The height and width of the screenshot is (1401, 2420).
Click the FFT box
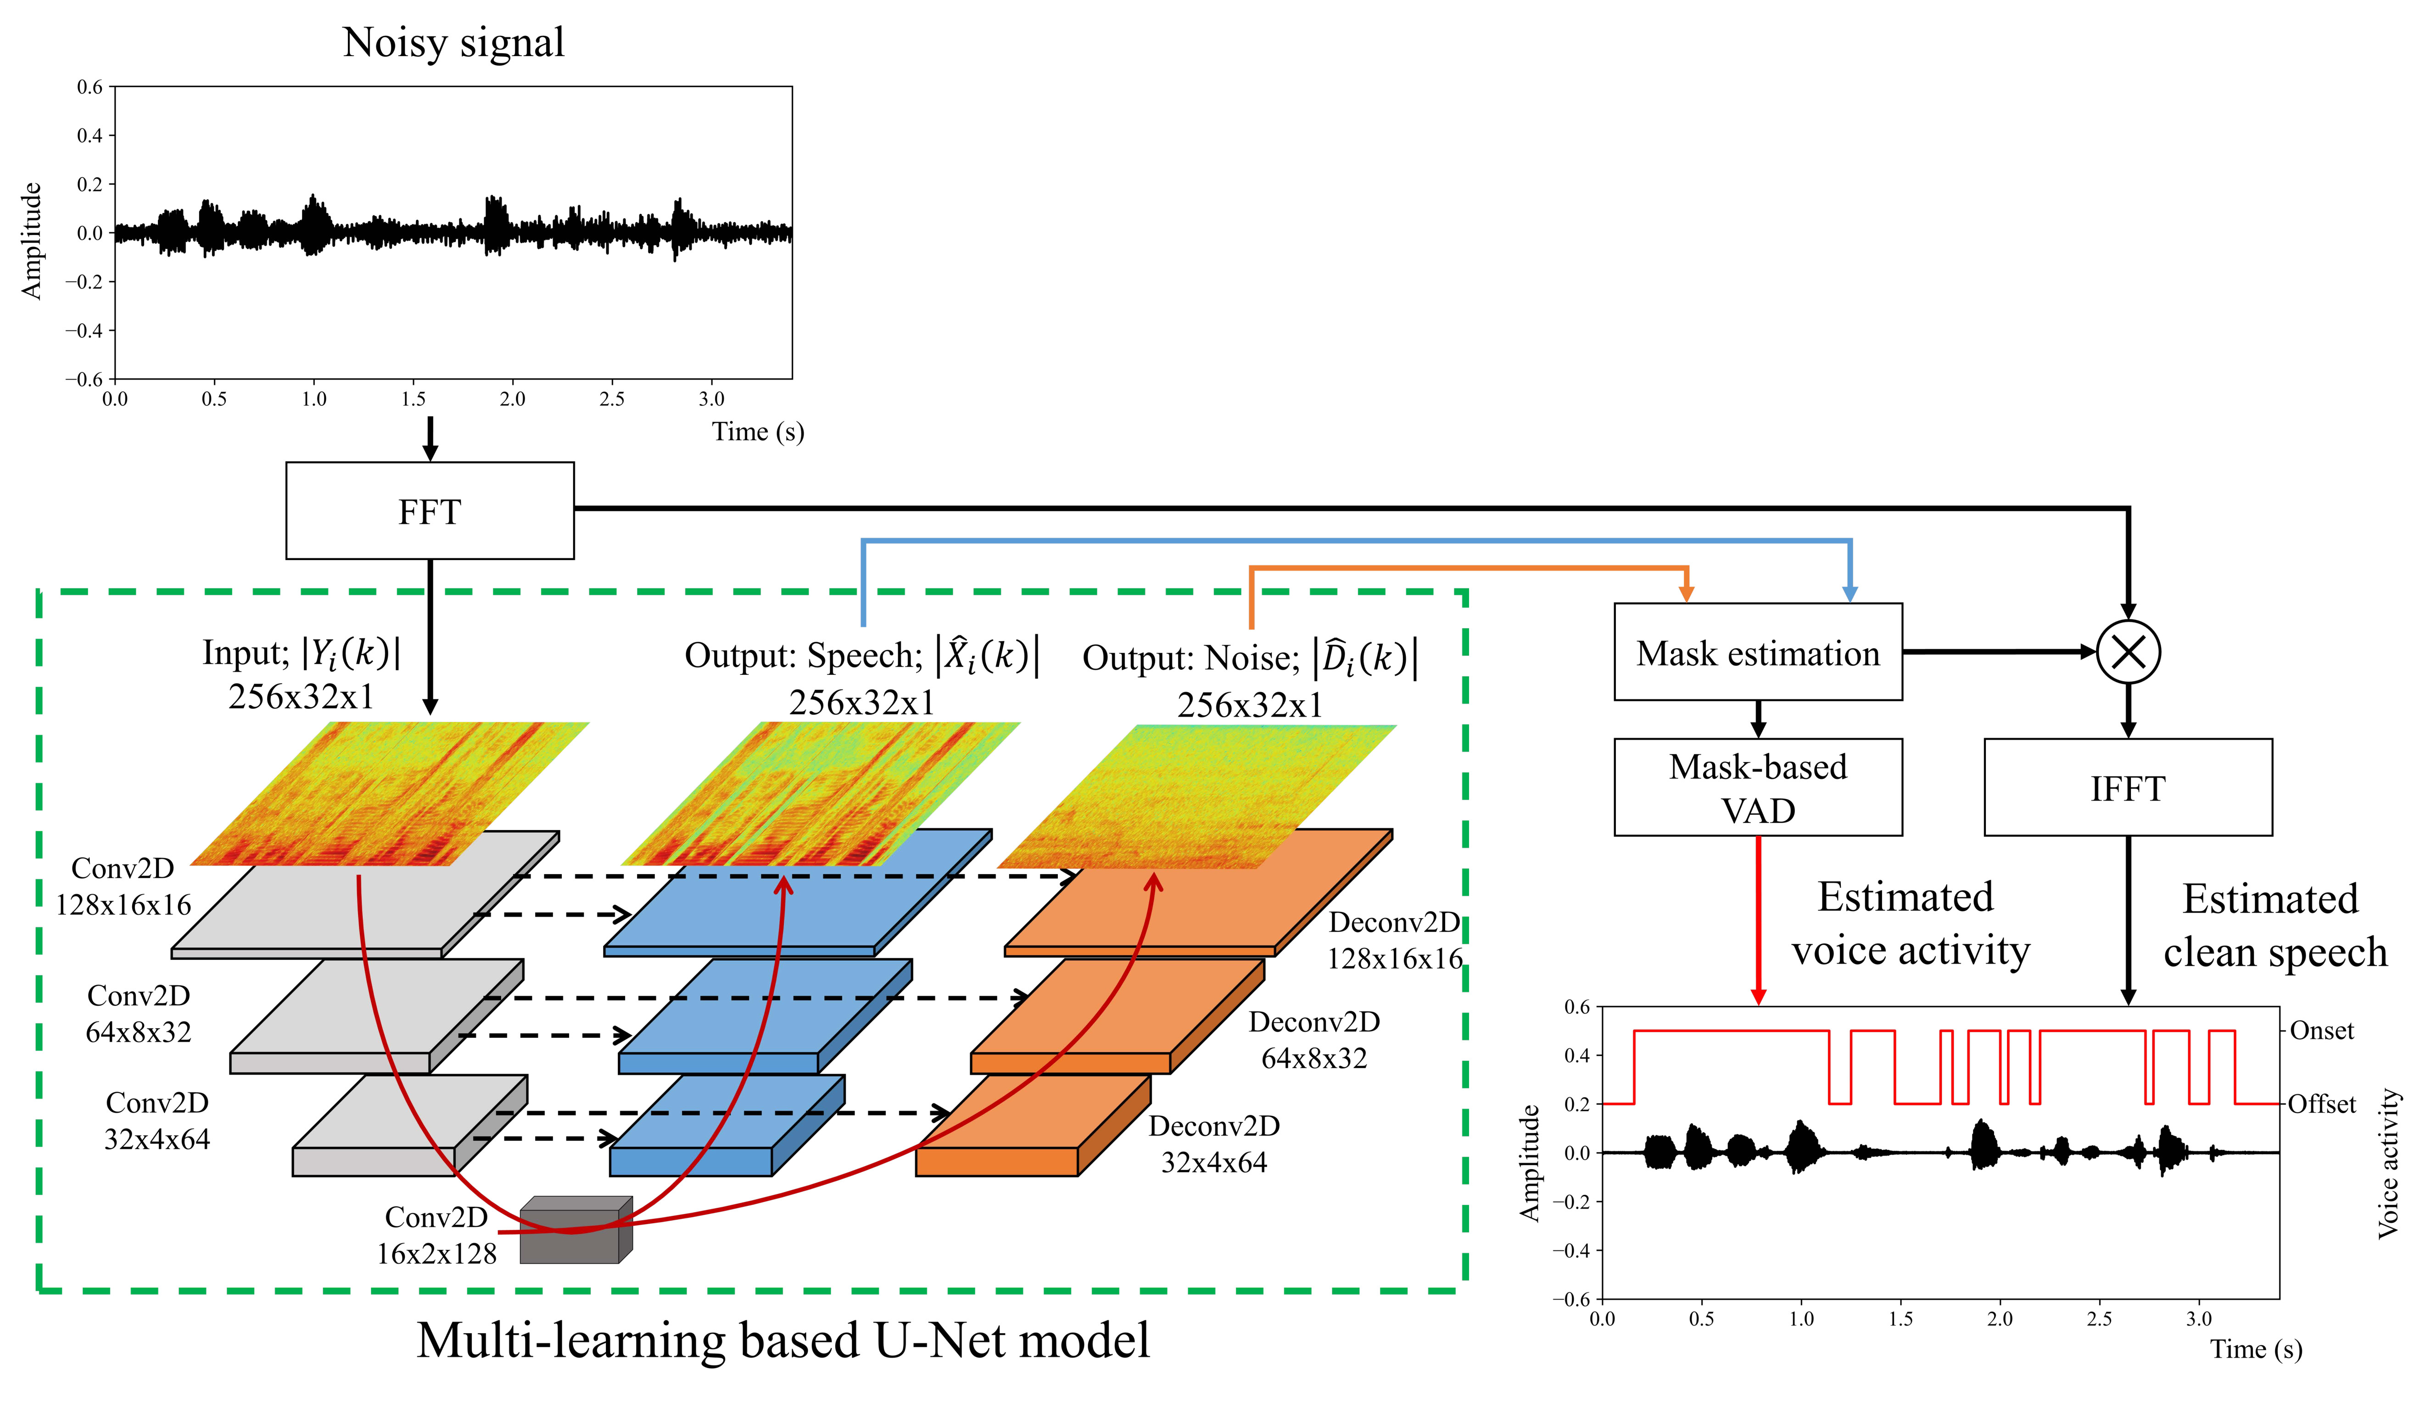[x=429, y=511]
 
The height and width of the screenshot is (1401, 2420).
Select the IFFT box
[x=2127, y=787]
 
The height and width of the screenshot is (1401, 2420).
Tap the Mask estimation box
[x=1757, y=652]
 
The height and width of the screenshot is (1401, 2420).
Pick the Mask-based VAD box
[x=1757, y=787]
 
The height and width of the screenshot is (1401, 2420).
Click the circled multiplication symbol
[x=2128, y=652]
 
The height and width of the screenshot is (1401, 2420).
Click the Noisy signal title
[x=453, y=42]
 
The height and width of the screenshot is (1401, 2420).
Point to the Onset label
[x=2321, y=1031]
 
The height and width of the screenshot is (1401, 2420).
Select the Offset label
[x=2321, y=1104]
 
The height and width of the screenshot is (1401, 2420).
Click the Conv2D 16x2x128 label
[x=437, y=1235]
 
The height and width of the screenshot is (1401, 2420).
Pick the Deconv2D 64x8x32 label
[x=1313, y=1040]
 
